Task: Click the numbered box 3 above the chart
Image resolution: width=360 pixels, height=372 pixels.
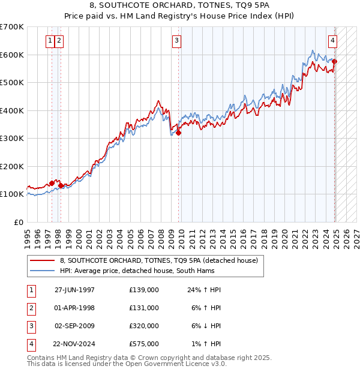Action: pos(177,41)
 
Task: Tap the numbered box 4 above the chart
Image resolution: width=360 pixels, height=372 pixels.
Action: pos(332,41)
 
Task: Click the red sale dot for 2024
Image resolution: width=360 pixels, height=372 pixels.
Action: pos(335,62)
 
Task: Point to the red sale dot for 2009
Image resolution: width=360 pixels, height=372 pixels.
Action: pos(179,133)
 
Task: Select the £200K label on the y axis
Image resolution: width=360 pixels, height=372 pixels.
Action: pos(12,166)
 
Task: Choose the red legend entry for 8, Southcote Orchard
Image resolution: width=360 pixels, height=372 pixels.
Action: pos(158,261)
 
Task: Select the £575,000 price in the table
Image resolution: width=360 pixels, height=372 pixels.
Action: pos(144,344)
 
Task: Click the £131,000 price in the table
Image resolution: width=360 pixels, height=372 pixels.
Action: pos(144,308)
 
